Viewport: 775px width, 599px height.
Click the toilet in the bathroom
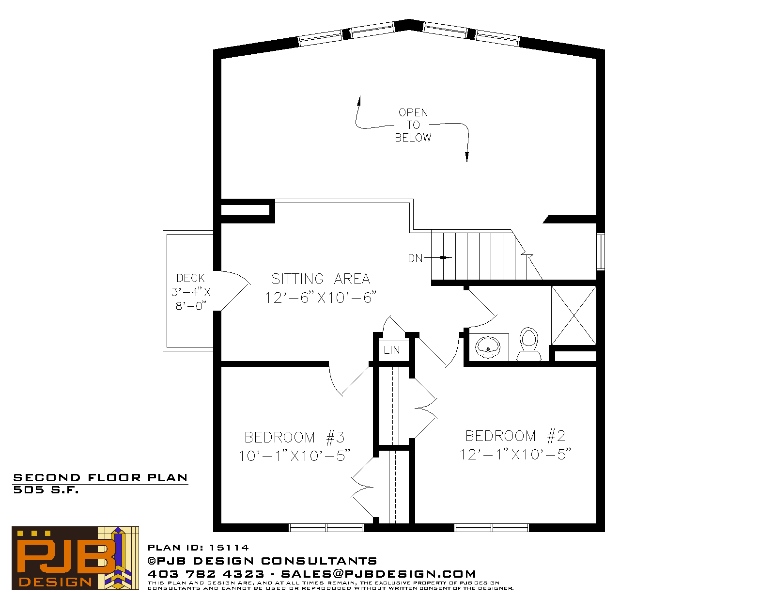click(528, 344)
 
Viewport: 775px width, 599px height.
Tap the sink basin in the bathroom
click(488, 347)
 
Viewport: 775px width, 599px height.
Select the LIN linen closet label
click(391, 350)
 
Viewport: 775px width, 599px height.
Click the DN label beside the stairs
click(415, 258)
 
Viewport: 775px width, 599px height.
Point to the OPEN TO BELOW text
click(413, 125)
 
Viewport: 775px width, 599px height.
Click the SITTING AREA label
click(321, 279)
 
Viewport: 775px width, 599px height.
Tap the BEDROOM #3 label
click(294, 437)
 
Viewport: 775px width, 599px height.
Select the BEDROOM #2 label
click(515, 436)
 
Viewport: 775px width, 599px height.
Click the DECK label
click(190, 278)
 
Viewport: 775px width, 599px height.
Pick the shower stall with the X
click(573, 315)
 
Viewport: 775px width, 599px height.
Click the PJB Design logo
click(75, 558)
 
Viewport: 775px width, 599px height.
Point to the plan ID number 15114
click(229, 547)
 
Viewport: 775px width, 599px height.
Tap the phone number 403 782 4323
click(206, 574)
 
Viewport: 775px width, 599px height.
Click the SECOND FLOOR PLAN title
click(100, 478)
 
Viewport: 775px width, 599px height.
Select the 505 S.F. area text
click(46, 490)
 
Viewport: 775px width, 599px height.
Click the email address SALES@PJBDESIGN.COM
click(378, 574)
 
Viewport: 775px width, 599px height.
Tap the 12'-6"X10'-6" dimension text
click(320, 298)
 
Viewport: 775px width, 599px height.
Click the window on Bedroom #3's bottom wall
click(325, 528)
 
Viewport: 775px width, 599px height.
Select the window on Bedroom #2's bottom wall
click(492, 528)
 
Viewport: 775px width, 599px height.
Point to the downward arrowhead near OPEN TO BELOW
click(467, 157)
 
